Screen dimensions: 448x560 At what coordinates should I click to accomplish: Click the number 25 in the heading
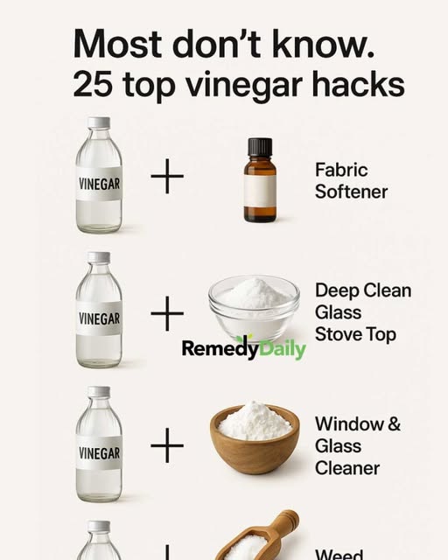(92, 84)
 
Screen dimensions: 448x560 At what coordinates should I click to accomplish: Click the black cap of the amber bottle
(260, 147)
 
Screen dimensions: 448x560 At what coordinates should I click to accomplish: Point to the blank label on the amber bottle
(260, 191)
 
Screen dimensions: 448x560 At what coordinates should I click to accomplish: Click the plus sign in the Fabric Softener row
(167, 176)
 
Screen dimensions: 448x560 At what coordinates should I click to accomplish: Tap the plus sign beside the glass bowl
(167, 313)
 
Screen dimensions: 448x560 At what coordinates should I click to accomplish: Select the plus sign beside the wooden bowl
(167, 445)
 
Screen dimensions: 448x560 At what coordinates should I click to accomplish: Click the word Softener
(351, 192)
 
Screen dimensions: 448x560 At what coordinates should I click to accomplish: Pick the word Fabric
(341, 169)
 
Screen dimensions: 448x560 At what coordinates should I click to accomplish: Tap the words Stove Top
(355, 334)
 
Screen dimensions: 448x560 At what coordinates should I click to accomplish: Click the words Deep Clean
(363, 290)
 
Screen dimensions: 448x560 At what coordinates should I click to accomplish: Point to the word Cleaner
(347, 468)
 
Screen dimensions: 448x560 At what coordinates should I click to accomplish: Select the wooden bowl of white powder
(255, 437)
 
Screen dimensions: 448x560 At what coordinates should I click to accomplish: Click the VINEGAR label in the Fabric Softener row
(99, 184)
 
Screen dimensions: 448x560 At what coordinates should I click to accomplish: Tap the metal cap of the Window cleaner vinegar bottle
(99, 391)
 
